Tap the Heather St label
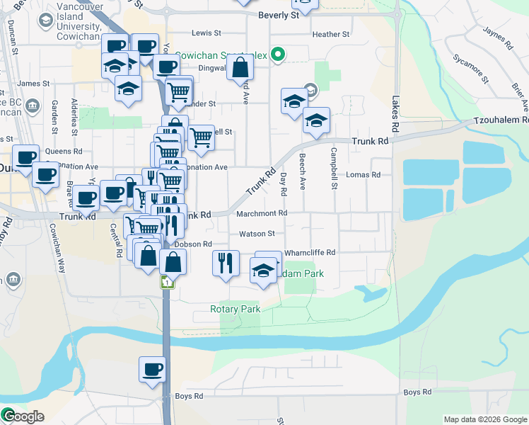330,34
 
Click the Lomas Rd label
364,174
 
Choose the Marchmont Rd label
262,212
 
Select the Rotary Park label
235,309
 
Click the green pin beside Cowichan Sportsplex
279,55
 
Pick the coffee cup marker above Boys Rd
153,369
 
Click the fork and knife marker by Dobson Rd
226,263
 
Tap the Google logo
23,416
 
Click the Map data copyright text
484,419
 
